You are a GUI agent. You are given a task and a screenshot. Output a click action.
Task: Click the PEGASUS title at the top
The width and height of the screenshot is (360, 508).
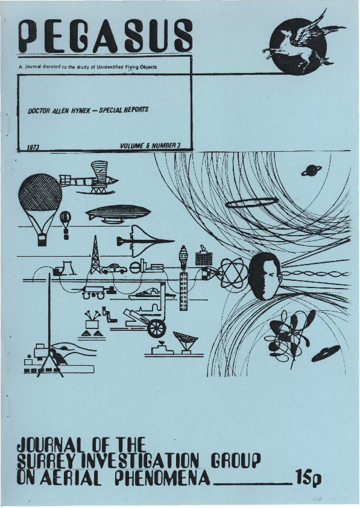pyautogui.click(x=106, y=36)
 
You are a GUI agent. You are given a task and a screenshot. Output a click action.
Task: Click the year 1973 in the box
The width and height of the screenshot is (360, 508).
pyautogui.click(x=33, y=148)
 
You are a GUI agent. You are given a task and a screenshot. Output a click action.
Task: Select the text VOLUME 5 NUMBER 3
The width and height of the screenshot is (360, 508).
pyautogui.click(x=150, y=146)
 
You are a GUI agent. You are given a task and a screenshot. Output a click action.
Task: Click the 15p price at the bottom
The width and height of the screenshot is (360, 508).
pyautogui.click(x=308, y=477)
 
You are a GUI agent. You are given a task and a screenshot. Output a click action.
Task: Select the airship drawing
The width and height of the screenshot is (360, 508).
pyautogui.click(x=118, y=214)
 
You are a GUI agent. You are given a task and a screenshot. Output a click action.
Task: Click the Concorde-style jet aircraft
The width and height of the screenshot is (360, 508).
pyautogui.click(x=145, y=240)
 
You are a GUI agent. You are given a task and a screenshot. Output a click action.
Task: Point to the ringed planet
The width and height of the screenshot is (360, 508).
pyautogui.click(x=311, y=171)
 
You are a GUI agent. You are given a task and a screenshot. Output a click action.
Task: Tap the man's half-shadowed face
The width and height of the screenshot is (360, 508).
pyautogui.click(x=265, y=276)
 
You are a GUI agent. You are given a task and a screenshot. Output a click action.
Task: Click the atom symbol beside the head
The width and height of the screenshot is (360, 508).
pyautogui.click(x=233, y=273)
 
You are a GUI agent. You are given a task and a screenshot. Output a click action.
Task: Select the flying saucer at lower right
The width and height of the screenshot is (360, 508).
pyautogui.click(x=326, y=354)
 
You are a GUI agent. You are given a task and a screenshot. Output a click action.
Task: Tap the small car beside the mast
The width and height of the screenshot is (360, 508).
pyautogui.click(x=114, y=269)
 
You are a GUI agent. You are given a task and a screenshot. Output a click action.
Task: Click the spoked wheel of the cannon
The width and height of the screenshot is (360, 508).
pyautogui.click(x=157, y=328)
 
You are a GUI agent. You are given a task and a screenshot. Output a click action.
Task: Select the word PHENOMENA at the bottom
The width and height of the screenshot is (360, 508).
pyautogui.click(x=162, y=477)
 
